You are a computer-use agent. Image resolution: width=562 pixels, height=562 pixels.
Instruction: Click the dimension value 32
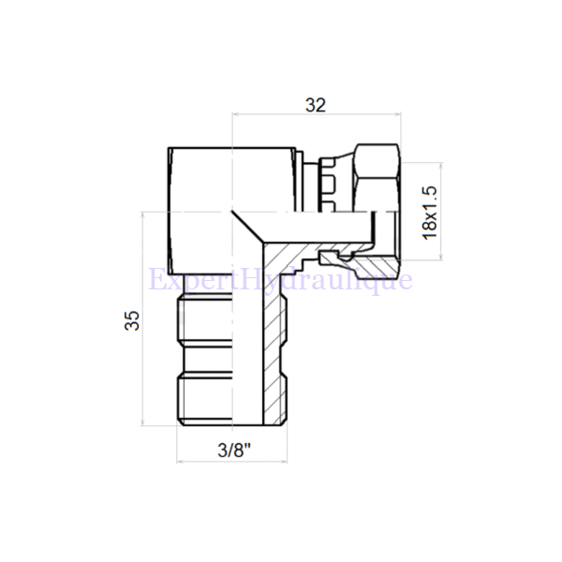tap(315, 104)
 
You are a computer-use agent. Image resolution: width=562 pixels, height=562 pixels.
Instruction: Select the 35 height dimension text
tap(130, 320)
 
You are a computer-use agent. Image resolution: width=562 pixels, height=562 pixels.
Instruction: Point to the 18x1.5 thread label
tap(430, 212)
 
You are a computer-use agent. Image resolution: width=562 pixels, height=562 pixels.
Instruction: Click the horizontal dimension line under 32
tap(315, 116)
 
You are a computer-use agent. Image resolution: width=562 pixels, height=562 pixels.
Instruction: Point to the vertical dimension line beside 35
tap(142, 320)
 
